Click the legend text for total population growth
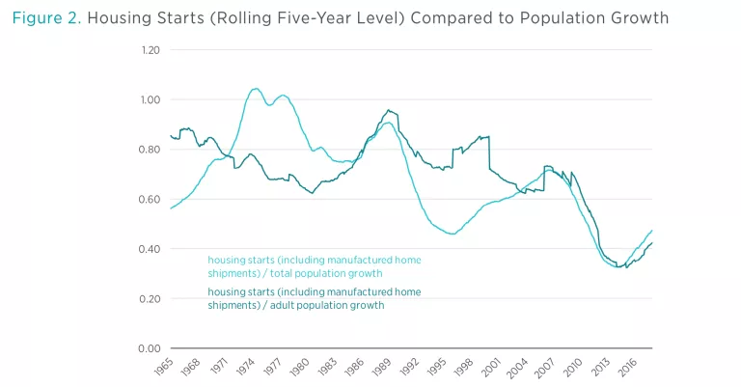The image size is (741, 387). pyautogui.click(x=315, y=267)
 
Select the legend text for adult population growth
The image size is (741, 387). pyautogui.click(x=315, y=298)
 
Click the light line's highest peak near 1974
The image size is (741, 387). pyautogui.click(x=255, y=89)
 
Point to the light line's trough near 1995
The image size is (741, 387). pyautogui.click(x=451, y=234)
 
